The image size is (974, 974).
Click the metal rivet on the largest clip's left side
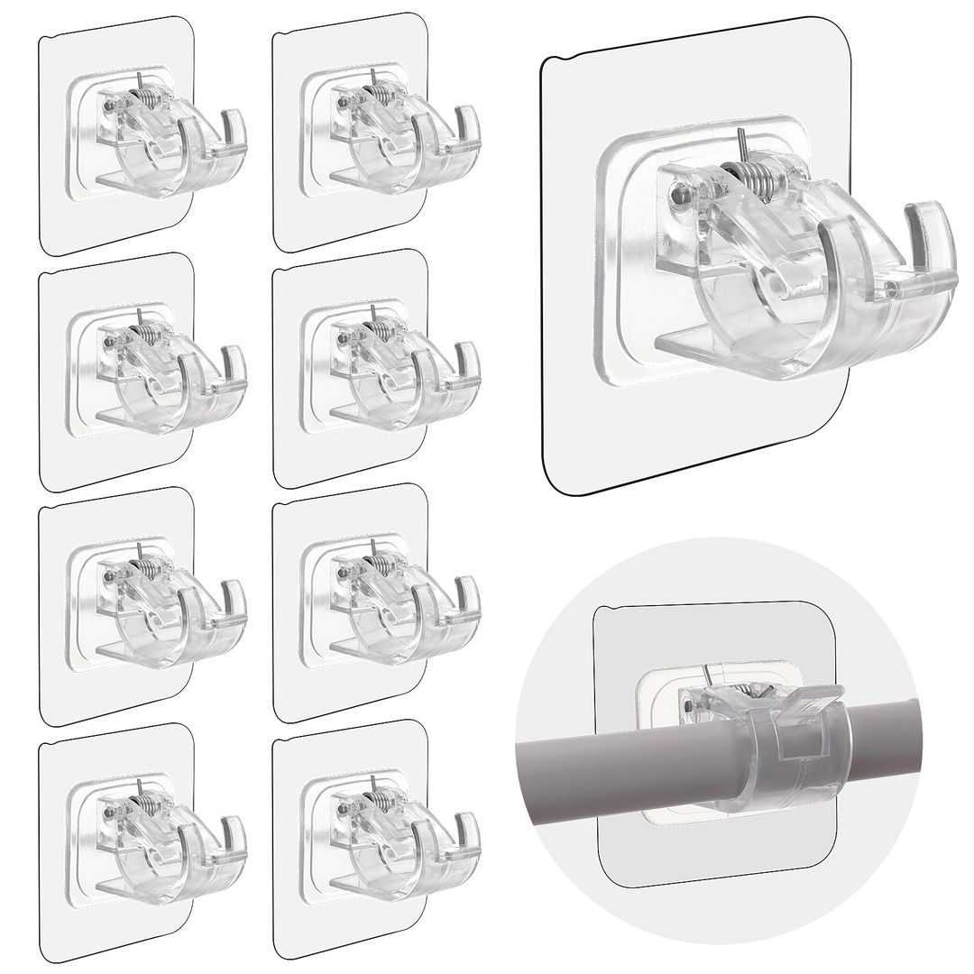coord(678,191)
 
